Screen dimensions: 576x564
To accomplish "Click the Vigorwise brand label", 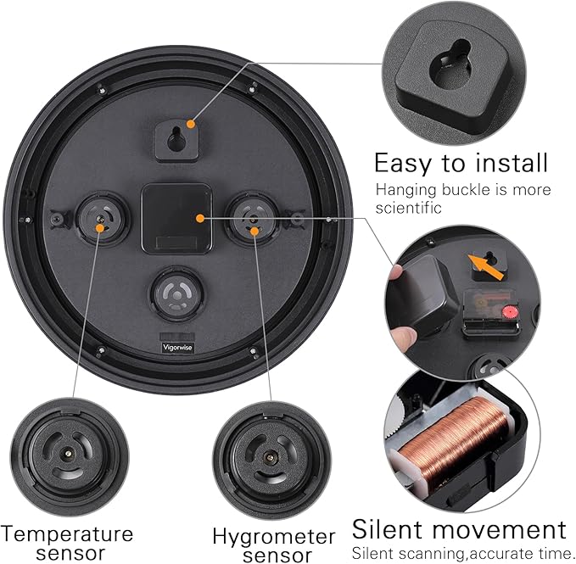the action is coord(177,348).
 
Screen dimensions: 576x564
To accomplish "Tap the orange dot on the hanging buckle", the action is coord(190,124).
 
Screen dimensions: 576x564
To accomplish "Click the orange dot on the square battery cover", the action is coord(200,219).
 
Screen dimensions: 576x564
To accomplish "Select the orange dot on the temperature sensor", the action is coord(99,228).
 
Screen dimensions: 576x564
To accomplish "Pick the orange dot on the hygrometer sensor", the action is coord(254,231).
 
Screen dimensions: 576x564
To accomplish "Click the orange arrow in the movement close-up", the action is coord(485,267).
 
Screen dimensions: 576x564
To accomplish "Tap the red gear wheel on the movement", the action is coord(510,312).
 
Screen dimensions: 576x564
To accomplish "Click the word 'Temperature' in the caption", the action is coord(67,533).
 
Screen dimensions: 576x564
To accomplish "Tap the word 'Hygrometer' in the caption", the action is coord(274,537).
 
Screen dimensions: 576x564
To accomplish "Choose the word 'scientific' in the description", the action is coord(408,208).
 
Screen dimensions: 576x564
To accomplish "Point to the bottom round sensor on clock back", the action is coord(177,294).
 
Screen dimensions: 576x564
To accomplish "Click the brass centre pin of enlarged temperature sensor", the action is coord(68,454).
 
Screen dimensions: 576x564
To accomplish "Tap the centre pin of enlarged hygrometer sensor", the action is coord(270,457).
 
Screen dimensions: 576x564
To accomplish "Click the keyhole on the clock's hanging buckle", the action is coord(176,139).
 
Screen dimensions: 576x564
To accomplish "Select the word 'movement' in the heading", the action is coord(499,529).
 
